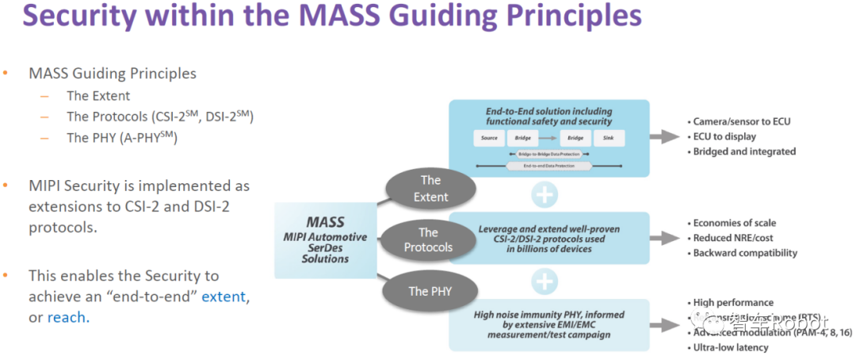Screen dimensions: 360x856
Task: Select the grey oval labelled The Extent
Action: (430, 189)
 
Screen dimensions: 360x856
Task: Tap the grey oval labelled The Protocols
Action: (428, 239)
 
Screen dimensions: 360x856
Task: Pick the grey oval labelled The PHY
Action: (430, 290)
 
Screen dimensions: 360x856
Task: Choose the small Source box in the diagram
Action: (488, 138)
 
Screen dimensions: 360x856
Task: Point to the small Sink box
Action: (609, 138)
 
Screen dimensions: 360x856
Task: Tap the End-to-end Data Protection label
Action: (548, 166)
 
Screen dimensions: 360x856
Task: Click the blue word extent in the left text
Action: (224, 297)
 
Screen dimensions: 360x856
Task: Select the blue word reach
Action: (67, 317)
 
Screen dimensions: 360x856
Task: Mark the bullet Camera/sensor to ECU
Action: (742, 121)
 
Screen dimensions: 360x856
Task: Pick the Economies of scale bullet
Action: (735, 223)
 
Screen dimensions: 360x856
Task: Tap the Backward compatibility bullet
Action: (745, 253)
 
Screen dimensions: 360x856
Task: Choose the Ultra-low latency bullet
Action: (732, 347)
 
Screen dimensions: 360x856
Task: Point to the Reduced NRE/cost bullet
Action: (733, 238)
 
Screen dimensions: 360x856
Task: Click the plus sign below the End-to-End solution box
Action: (545, 194)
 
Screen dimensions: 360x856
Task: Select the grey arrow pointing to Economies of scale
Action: (663, 238)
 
